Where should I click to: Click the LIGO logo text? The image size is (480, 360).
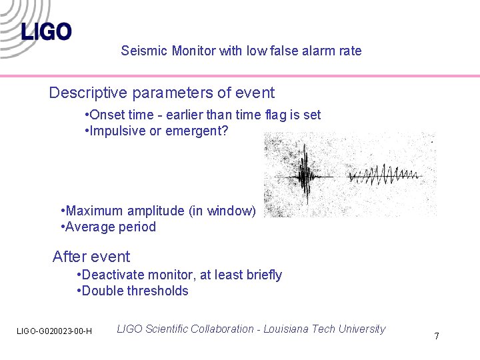[x=46, y=31]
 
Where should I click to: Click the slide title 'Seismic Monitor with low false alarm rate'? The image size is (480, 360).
[x=241, y=51]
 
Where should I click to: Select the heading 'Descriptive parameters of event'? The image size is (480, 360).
[x=161, y=93]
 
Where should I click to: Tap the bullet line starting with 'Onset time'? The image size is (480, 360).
[x=203, y=115]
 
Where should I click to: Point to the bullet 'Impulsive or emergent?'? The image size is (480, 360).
[x=157, y=131]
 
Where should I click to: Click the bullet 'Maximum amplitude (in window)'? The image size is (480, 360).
[x=158, y=211]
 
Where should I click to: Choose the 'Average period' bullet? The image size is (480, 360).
[x=108, y=227]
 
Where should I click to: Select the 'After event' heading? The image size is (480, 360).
[x=91, y=257]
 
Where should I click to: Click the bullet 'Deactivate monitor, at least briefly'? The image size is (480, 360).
[x=179, y=275]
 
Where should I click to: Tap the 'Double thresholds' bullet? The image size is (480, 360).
[x=133, y=291]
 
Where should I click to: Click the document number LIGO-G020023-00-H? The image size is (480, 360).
[x=55, y=331]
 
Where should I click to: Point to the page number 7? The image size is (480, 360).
[x=437, y=336]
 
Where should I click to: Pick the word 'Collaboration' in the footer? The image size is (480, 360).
[x=222, y=329]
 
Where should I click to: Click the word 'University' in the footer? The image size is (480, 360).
[x=361, y=329]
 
